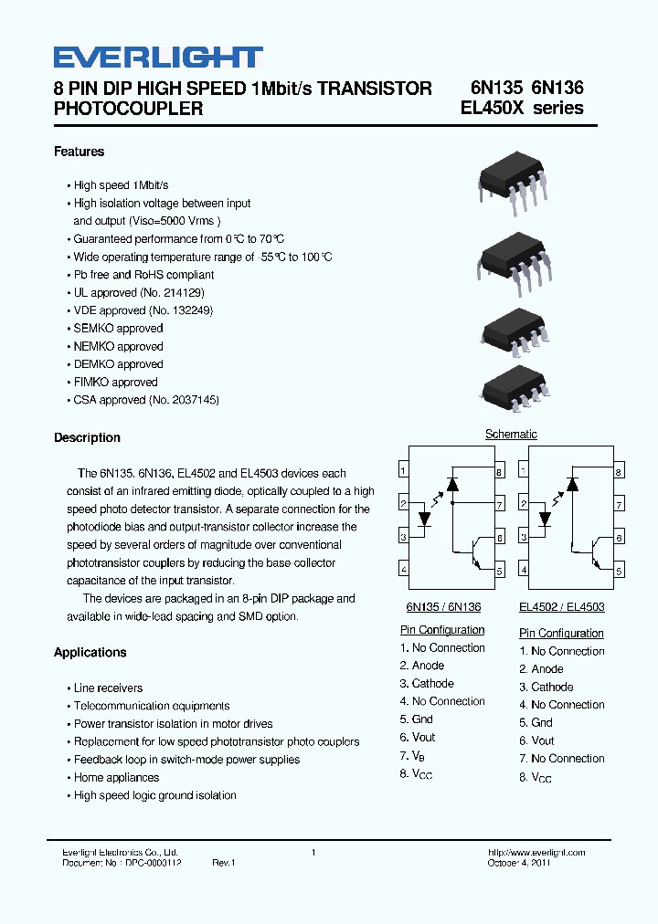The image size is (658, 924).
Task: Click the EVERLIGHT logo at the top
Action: pos(158,58)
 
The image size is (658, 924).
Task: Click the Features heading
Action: pos(79,152)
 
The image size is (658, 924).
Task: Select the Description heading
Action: pos(87,437)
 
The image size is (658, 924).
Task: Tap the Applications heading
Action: pos(90,652)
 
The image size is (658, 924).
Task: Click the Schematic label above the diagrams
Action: pos(511,434)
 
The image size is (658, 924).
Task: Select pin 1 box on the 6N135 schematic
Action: pos(403,470)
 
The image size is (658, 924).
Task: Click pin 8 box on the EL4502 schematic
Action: pos(619,472)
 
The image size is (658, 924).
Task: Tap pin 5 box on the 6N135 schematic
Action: pos(500,571)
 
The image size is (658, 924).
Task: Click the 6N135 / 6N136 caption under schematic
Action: pos(443,606)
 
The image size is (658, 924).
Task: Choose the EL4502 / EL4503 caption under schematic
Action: pos(561,606)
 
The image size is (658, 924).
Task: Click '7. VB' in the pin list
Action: pos(412,756)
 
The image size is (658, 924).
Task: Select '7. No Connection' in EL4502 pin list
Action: pos(562,759)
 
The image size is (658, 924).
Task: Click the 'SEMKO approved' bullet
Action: pos(118,329)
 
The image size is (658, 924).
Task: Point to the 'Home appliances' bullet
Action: pos(116,777)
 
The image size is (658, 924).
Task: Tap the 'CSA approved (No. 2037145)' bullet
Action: pos(146,400)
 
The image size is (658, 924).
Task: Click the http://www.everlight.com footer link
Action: pos(536,852)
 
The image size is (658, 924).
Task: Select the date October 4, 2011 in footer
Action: pos(518,863)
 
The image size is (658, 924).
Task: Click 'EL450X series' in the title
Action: pos(522,108)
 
